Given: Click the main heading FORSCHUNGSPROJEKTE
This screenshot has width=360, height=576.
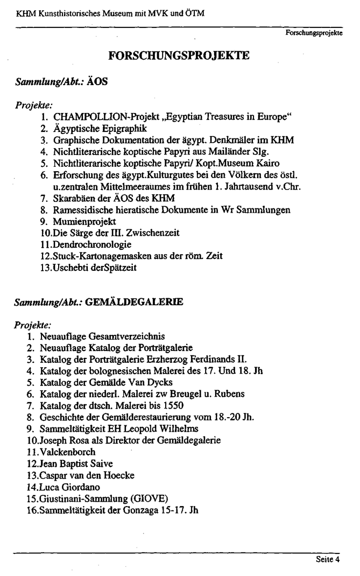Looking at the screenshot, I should click(179, 56).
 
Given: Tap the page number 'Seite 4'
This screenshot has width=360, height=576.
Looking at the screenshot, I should click(328, 559).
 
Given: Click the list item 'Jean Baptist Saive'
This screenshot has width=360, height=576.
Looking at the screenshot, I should click(76, 463).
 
